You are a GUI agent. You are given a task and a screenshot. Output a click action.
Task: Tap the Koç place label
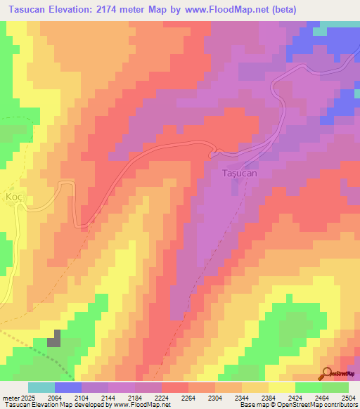pos(15,197)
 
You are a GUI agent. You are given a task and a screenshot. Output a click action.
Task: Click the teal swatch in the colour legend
pos(41,387)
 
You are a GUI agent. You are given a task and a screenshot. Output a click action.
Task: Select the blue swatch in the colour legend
pos(68,387)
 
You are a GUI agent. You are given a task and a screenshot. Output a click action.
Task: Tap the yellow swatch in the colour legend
pos(282,387)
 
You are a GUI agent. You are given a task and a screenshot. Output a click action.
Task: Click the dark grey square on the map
pos(54,342)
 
